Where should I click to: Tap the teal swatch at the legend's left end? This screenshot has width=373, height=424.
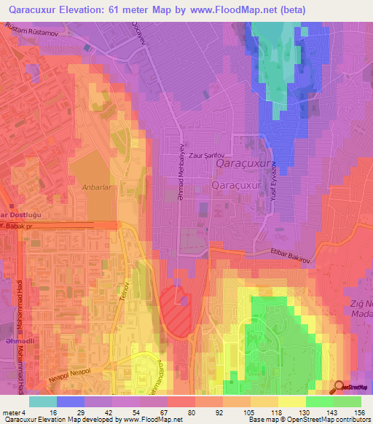pos(43,401)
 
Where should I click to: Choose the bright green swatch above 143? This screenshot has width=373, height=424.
pos(320,401)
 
